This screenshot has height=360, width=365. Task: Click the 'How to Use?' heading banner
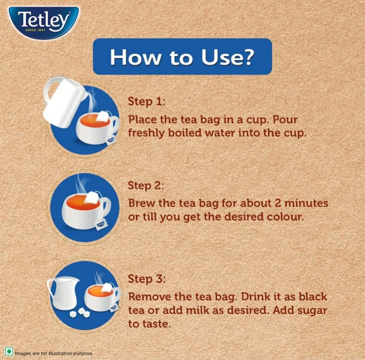click(182, 56)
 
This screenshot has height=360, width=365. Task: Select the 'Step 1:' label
click(146, 102)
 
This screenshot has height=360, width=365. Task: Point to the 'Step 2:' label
click(146, 186)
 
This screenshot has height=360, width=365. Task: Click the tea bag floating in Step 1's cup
click(102, 116)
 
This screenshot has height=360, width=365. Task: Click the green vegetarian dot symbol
click(9, 352)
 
